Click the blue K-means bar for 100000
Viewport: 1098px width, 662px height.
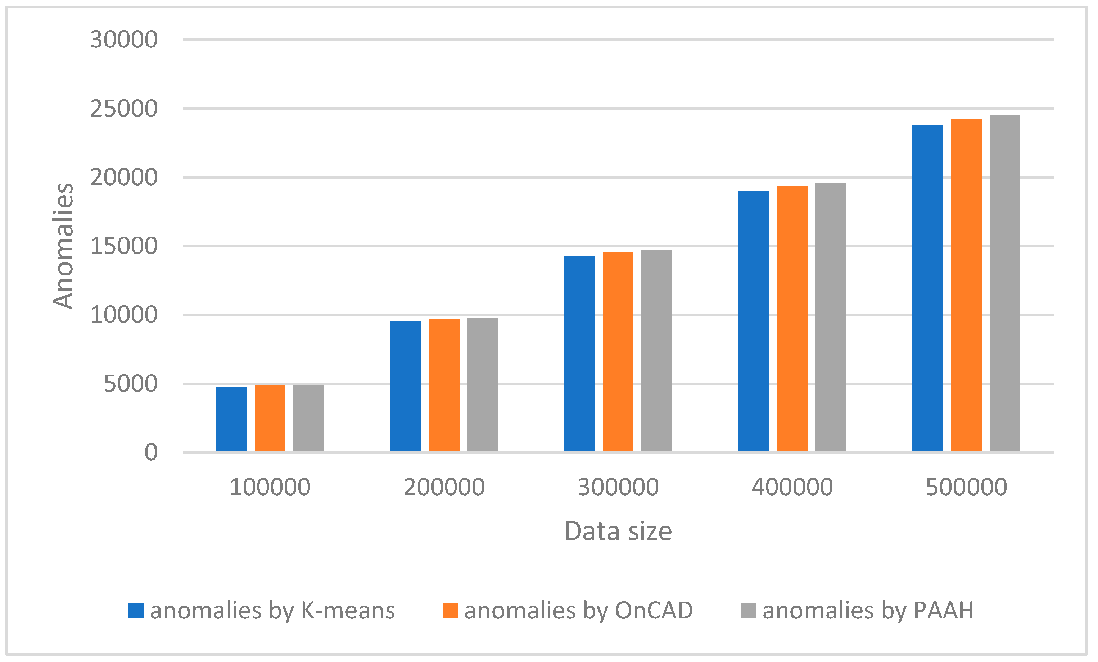[231, 419]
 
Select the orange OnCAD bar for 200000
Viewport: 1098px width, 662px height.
[444, 385]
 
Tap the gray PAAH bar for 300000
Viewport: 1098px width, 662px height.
[656, 351]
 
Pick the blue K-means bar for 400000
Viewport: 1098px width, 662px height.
[754, 321]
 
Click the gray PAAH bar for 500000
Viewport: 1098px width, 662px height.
[1005, 284]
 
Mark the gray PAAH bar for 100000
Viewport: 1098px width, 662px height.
[308, 418]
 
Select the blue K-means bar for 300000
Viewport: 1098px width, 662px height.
[579, 354]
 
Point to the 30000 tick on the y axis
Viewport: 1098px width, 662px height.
[123, 40]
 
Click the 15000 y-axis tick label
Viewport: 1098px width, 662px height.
[123, 246]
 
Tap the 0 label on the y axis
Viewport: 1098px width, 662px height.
[151, 453]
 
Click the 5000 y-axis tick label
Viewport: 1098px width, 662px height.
[130, 384]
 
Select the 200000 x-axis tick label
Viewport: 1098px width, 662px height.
[444, 487]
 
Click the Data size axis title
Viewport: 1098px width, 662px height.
[618, 531]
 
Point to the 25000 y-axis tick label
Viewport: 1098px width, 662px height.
[123, 109]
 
